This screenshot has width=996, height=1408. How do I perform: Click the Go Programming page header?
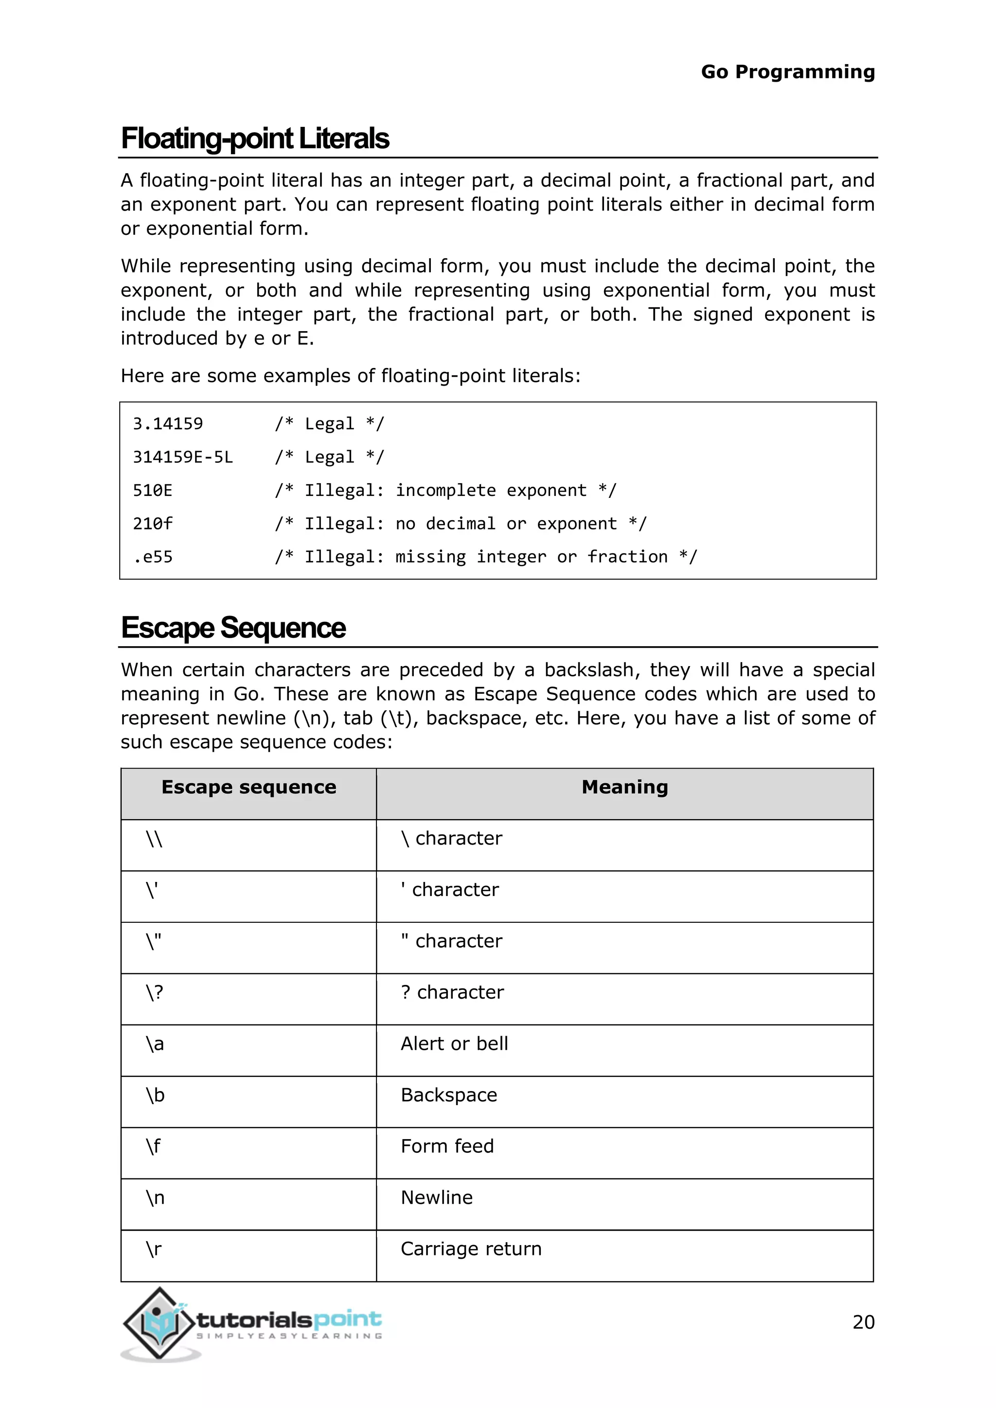click(x=787, y=72)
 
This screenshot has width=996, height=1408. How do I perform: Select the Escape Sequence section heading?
click(x=233, y=628)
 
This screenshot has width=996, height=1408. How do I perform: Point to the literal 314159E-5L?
click(x=183, y=457)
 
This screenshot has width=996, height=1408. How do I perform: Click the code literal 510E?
click(x=153, y=490)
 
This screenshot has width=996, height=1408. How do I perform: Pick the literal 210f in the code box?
click(x=153, y=523)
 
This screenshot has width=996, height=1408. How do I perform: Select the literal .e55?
click(x=153, y=557)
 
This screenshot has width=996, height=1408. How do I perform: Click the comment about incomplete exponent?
click(x=445, y=490)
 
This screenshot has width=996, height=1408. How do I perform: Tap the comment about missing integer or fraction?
click(x=486, y=557)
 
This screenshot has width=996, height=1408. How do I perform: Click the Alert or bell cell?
click(x=454, y=1043)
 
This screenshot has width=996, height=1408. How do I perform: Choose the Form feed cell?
click(x=446, y=1146)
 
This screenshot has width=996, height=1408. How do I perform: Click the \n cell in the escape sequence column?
click(x=155, y=1197)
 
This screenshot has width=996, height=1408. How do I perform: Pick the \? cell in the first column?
click(x=155, y=992)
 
